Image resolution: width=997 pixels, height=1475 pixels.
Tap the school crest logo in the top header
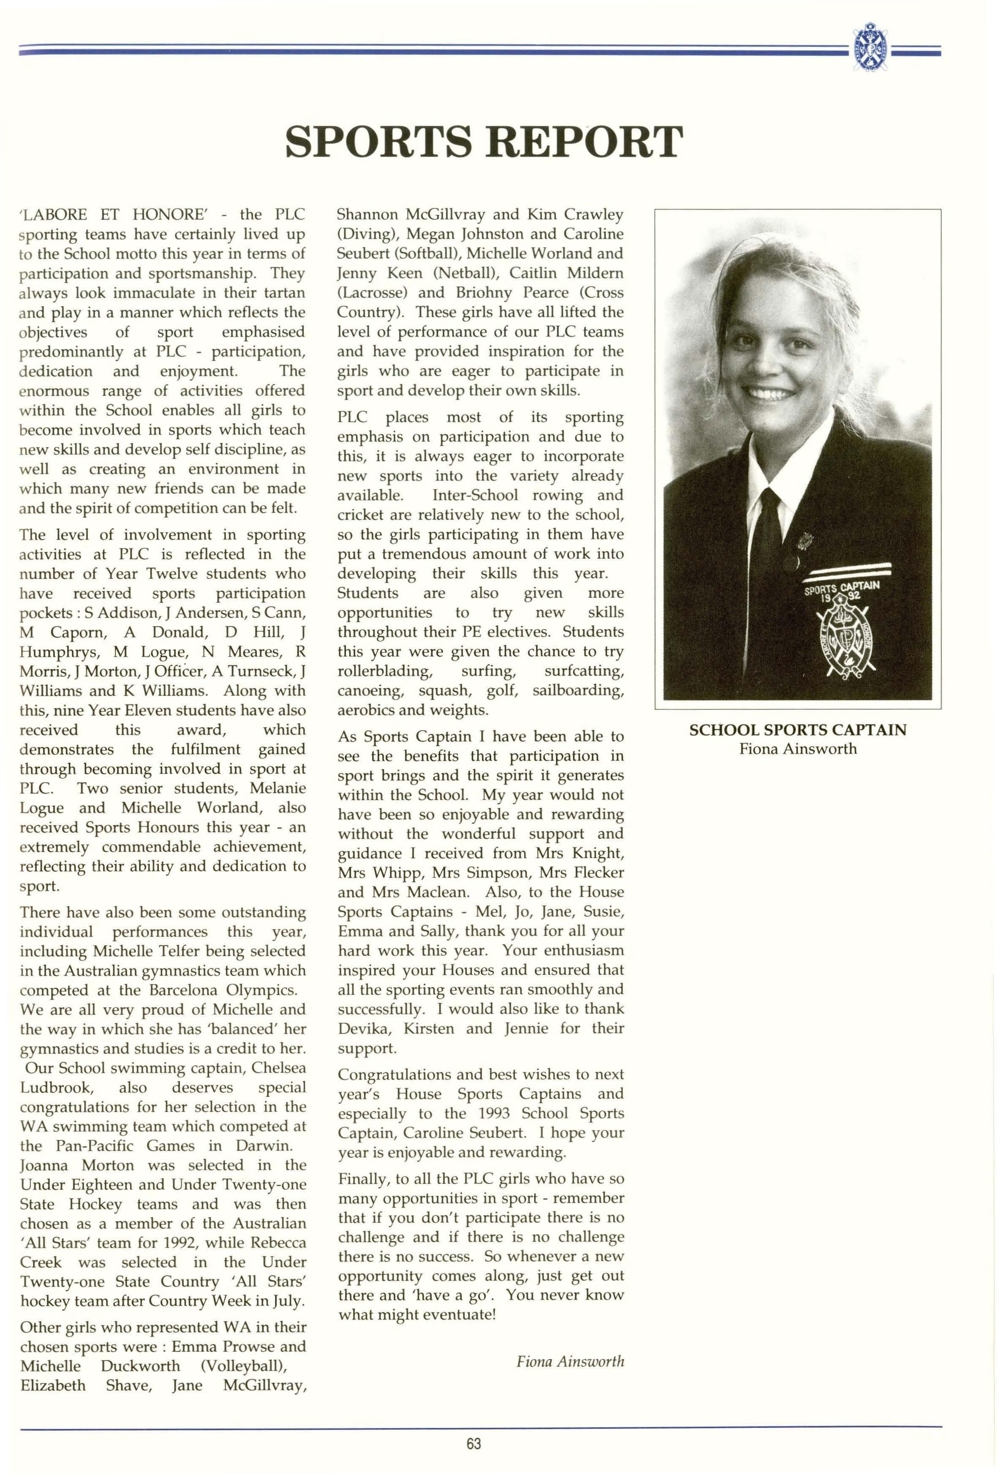[x=870, y=48]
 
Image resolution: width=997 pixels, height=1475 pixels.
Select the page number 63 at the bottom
[x=474, y=1443]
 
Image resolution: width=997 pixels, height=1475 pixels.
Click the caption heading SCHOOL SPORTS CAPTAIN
[x=797, y=730]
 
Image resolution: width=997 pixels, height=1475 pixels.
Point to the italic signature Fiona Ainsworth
[x=570, y=1361]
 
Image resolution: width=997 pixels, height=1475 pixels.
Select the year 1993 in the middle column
[x=494, y=1113]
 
